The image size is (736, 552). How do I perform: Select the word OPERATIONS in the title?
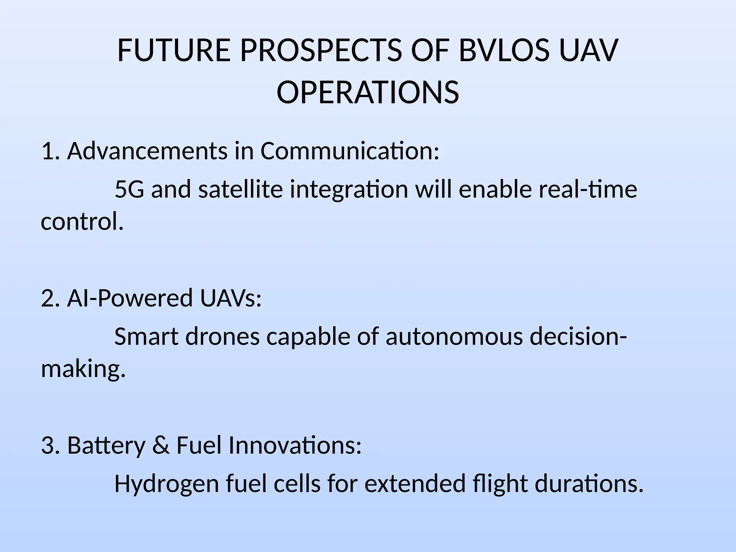click(x=368, y=92)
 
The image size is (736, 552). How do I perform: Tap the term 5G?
click(x=129, y=189)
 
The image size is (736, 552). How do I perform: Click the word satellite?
click(x=240, y=189)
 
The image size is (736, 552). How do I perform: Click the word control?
click(x=82, y=221)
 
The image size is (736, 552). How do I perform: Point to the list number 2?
click(x=49, y=298)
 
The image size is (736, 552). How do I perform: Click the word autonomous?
click(x=454, y=337)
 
